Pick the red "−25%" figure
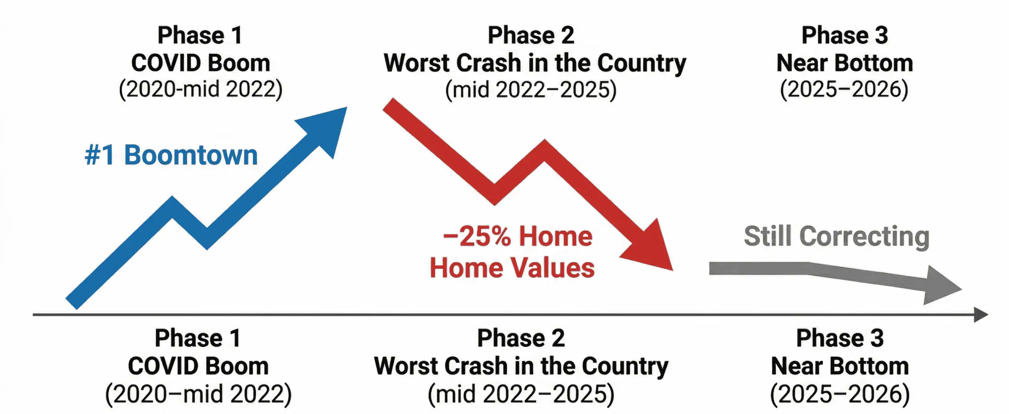[477, 237]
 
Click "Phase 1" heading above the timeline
[200, 35]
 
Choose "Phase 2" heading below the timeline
[521, 338]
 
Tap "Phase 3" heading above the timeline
[845, 35]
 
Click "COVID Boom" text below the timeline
[198, 366]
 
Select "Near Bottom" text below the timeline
[840, 366]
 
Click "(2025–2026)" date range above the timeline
[844, 90]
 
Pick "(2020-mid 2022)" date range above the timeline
[201, 90]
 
